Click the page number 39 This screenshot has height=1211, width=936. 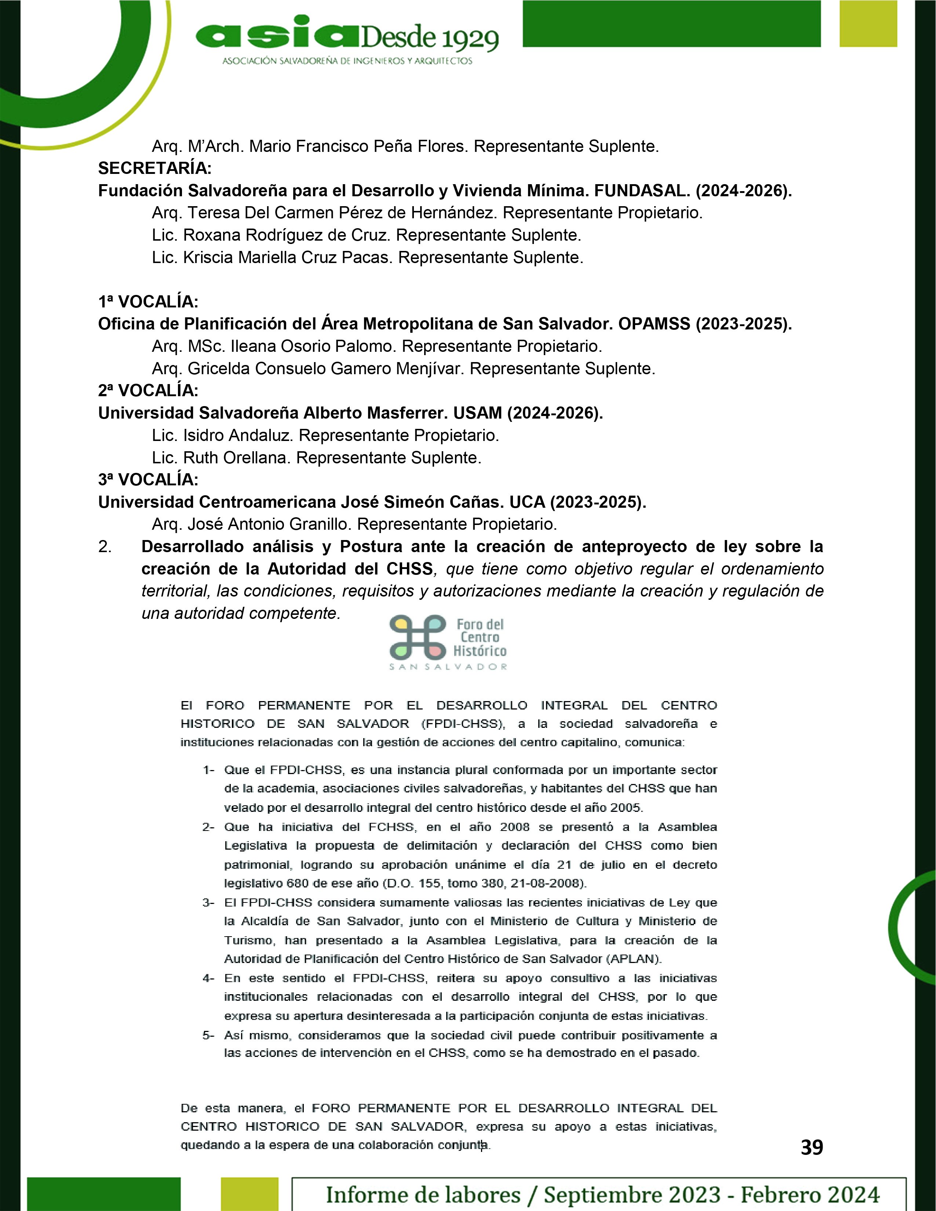pyautogui.click(x=812, y=1147)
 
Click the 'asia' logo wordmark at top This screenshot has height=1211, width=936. pyautogui.click(x=277, y=34)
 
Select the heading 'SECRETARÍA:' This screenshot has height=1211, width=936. pyautogui.click(x=155, y=168)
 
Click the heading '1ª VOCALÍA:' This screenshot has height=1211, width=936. pyautogui.click(x=148, y=302)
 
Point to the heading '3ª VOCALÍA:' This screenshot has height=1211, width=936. pyautogui.click(x=148, y=479)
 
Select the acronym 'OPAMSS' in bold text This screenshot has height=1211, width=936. pyautogui.click(x=654, y=324)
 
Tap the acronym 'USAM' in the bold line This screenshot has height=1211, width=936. pyautogui.click(x=477, y=413)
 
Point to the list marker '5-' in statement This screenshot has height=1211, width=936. pyautogui.click(x=208, y=1035)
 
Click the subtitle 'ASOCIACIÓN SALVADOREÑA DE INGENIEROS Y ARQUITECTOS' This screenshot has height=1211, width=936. pyautogui.click(x=347, y=61)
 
